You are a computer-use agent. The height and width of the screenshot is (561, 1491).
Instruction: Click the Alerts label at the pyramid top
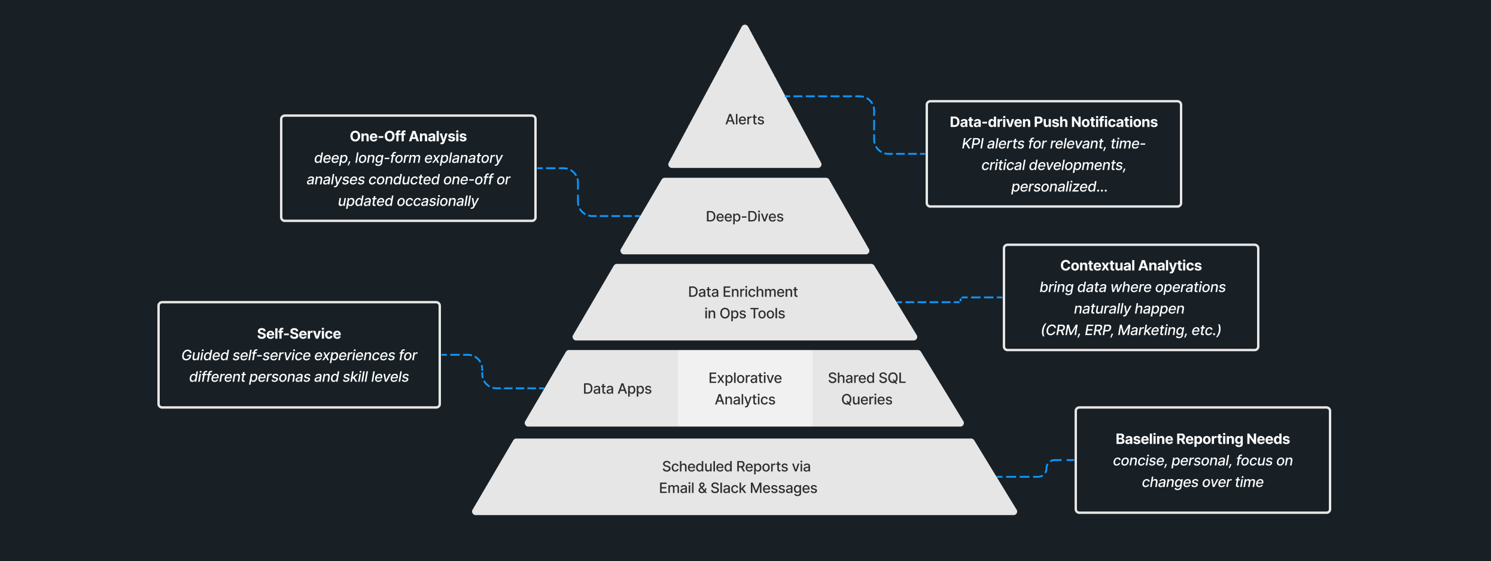pos(744,120)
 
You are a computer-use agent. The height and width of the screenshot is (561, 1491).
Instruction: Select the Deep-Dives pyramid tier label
pos(744,217)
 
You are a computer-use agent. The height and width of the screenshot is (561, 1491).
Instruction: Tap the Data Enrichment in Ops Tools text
pos(744,303)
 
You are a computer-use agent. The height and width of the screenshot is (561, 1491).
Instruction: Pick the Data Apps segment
pos(617,389)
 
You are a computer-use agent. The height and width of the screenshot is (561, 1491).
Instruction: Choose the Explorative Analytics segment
pos(745,389)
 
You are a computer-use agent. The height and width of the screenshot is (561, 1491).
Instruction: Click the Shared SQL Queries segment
pos(866,389)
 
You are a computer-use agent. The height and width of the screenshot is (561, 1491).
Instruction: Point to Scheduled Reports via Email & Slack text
pos(737,477)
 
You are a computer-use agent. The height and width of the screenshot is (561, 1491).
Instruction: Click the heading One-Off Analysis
pos(408,136)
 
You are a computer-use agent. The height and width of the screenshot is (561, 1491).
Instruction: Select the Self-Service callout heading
pos(299,334)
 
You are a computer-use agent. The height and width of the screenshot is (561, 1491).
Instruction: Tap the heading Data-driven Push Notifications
pos(1053,122)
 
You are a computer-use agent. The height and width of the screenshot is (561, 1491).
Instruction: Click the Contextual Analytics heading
pos(1130,266)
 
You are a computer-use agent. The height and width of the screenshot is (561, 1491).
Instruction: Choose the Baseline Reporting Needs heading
pos(1202,439)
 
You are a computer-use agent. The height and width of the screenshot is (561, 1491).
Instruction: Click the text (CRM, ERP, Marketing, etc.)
pos(1130,330)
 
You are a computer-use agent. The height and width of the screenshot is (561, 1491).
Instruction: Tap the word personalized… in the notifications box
pos(1058,187)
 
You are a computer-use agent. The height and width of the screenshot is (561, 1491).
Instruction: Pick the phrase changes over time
pos(1202,482)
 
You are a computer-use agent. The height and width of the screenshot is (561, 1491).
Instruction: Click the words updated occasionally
pos(408,201)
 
